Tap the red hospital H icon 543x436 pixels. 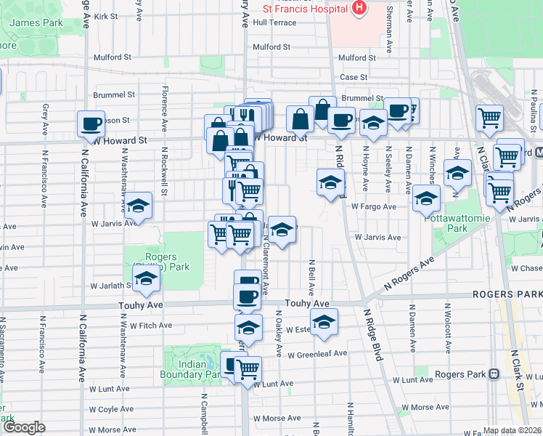358,8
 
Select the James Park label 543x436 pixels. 36,23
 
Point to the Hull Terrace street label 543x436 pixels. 275,23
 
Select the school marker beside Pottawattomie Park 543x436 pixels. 426,198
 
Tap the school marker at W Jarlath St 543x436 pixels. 146,279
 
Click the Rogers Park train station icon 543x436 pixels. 493,374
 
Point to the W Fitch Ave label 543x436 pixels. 152,325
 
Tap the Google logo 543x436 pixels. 24,427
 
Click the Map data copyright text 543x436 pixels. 512,430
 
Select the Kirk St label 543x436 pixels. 106,15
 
